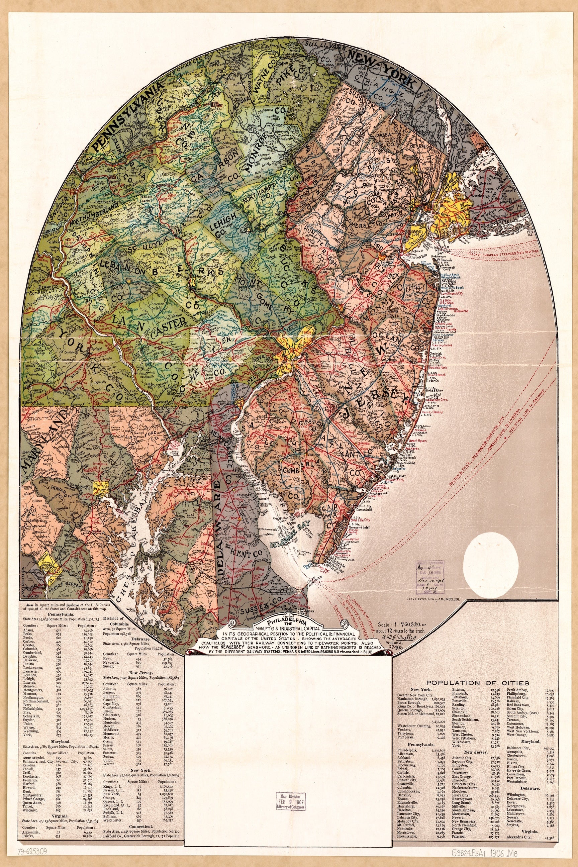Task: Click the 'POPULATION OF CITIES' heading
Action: [x=477, y=683]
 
